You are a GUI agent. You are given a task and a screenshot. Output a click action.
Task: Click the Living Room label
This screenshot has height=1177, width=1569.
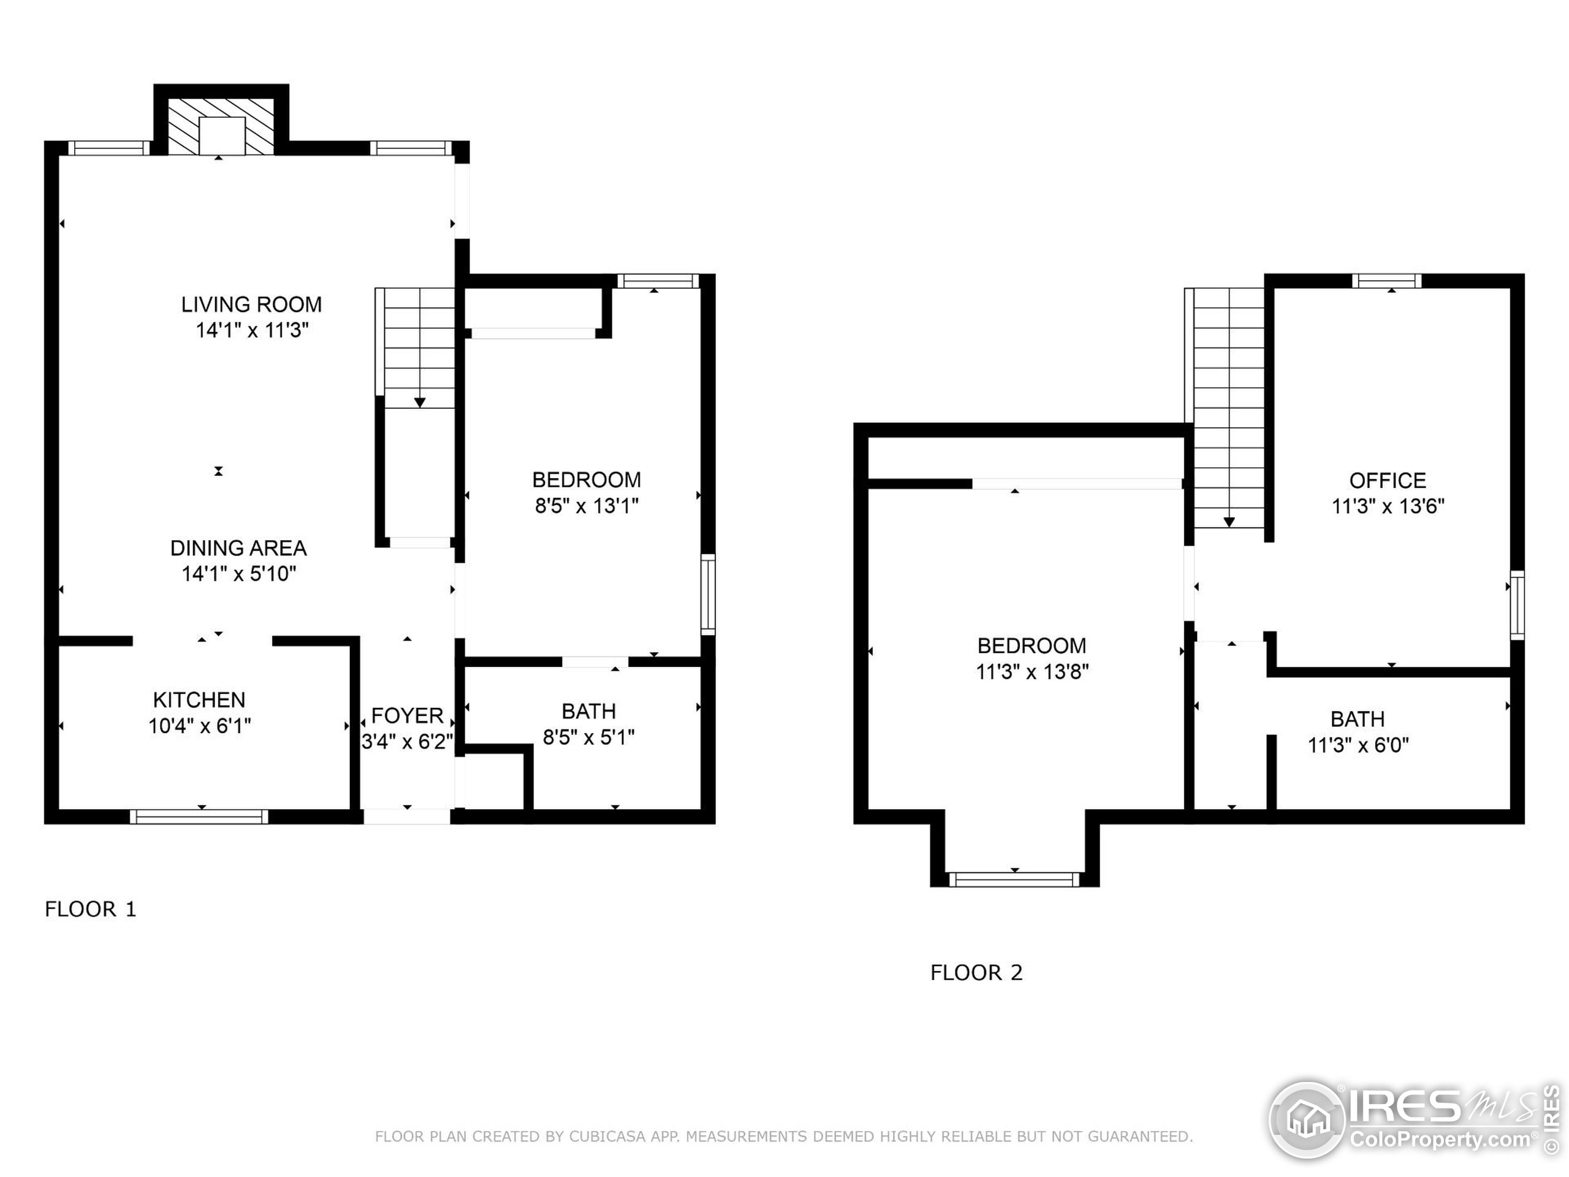[x=251, y=304]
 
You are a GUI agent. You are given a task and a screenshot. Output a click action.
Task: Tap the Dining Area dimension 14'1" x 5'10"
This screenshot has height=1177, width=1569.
[x=238, y=573]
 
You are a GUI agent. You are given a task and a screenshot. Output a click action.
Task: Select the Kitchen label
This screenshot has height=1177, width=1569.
[x=199, y=699]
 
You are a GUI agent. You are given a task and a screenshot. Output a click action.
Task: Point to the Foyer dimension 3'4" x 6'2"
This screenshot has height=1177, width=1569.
[x=407, y=741]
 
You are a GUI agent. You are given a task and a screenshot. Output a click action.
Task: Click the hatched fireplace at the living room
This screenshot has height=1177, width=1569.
[x=221, y=126]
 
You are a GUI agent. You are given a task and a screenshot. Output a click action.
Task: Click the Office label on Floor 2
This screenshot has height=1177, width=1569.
[x=1388, y=481]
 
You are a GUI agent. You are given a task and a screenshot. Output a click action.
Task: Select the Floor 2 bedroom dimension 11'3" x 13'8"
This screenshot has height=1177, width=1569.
[x=1032, y=671]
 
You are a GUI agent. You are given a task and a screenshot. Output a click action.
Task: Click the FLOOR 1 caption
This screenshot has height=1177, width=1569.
[x=90, y=909]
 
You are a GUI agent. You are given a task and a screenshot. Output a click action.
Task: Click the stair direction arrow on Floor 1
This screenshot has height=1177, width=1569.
[x=420, y=402]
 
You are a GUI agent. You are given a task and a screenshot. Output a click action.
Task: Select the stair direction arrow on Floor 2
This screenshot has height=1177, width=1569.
[x=1229, y=522]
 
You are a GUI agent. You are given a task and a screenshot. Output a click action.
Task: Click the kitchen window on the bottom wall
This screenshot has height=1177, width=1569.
[x=199, y=817]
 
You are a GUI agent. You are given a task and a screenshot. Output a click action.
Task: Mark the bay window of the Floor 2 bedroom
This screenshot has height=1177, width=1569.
[x=1014, y=880]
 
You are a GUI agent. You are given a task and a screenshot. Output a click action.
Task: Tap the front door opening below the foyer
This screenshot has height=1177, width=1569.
[x=407, y=817]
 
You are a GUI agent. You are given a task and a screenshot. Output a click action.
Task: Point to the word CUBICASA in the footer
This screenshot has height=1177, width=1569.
[x=607, y=1137]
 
